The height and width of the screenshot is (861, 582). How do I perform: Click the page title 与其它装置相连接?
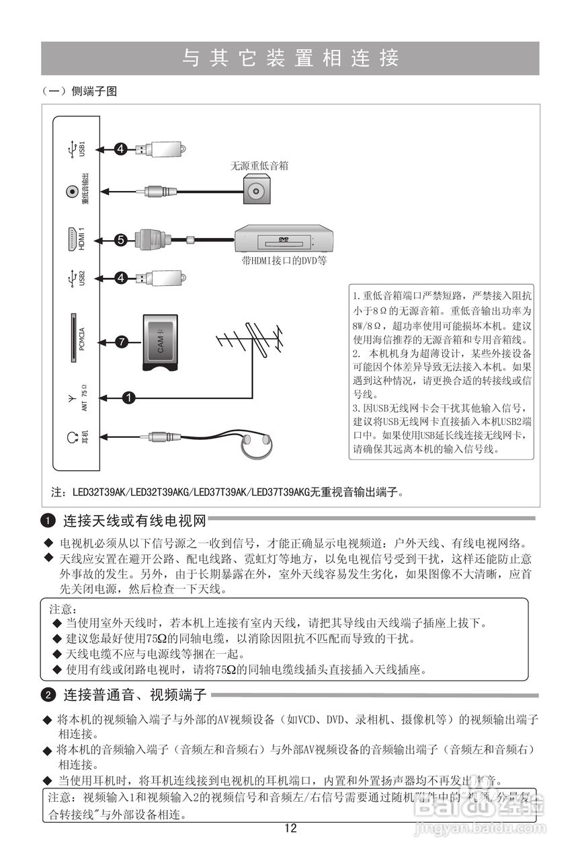[x=290, y=59]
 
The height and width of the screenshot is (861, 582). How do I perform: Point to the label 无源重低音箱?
[x=259, y=165]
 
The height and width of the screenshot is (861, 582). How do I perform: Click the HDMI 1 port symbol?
[x=71, y=240]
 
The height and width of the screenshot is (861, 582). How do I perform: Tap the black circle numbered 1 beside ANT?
[x=128, y=398]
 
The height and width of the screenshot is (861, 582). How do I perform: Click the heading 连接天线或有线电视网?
[x=134, y=521]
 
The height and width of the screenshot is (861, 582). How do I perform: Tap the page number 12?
[x=290, y=829]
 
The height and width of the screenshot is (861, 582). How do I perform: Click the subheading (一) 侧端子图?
[x=79, y=92]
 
